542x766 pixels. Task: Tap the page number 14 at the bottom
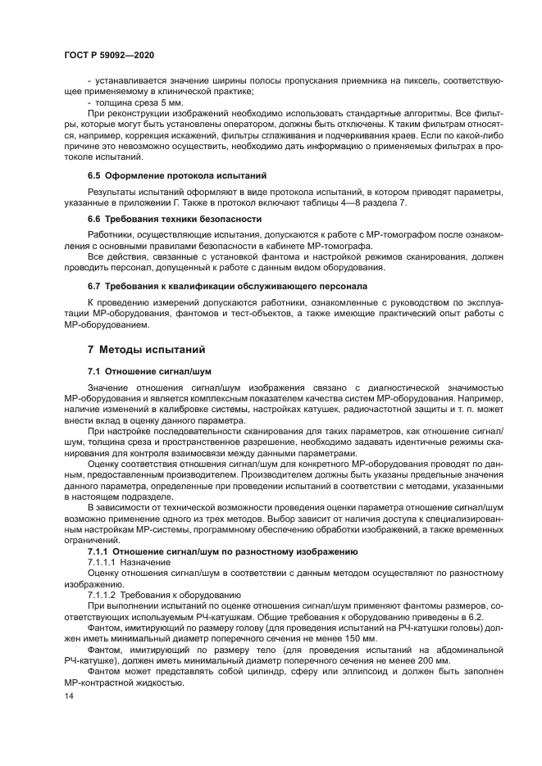click(68, 696)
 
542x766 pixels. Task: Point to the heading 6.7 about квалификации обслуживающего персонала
click(216, 285)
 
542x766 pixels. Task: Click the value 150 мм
click(362, 638)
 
